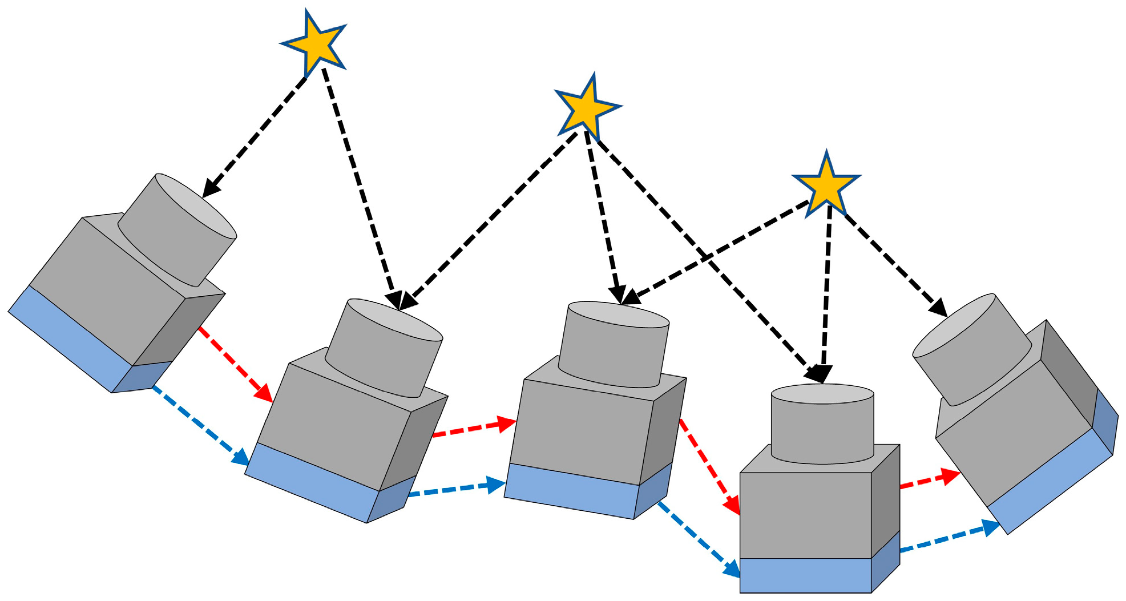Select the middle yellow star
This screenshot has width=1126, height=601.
point(587,107)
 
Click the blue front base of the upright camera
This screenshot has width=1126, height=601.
point(805,575)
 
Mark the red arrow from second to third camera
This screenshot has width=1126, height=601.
point(474,428)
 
